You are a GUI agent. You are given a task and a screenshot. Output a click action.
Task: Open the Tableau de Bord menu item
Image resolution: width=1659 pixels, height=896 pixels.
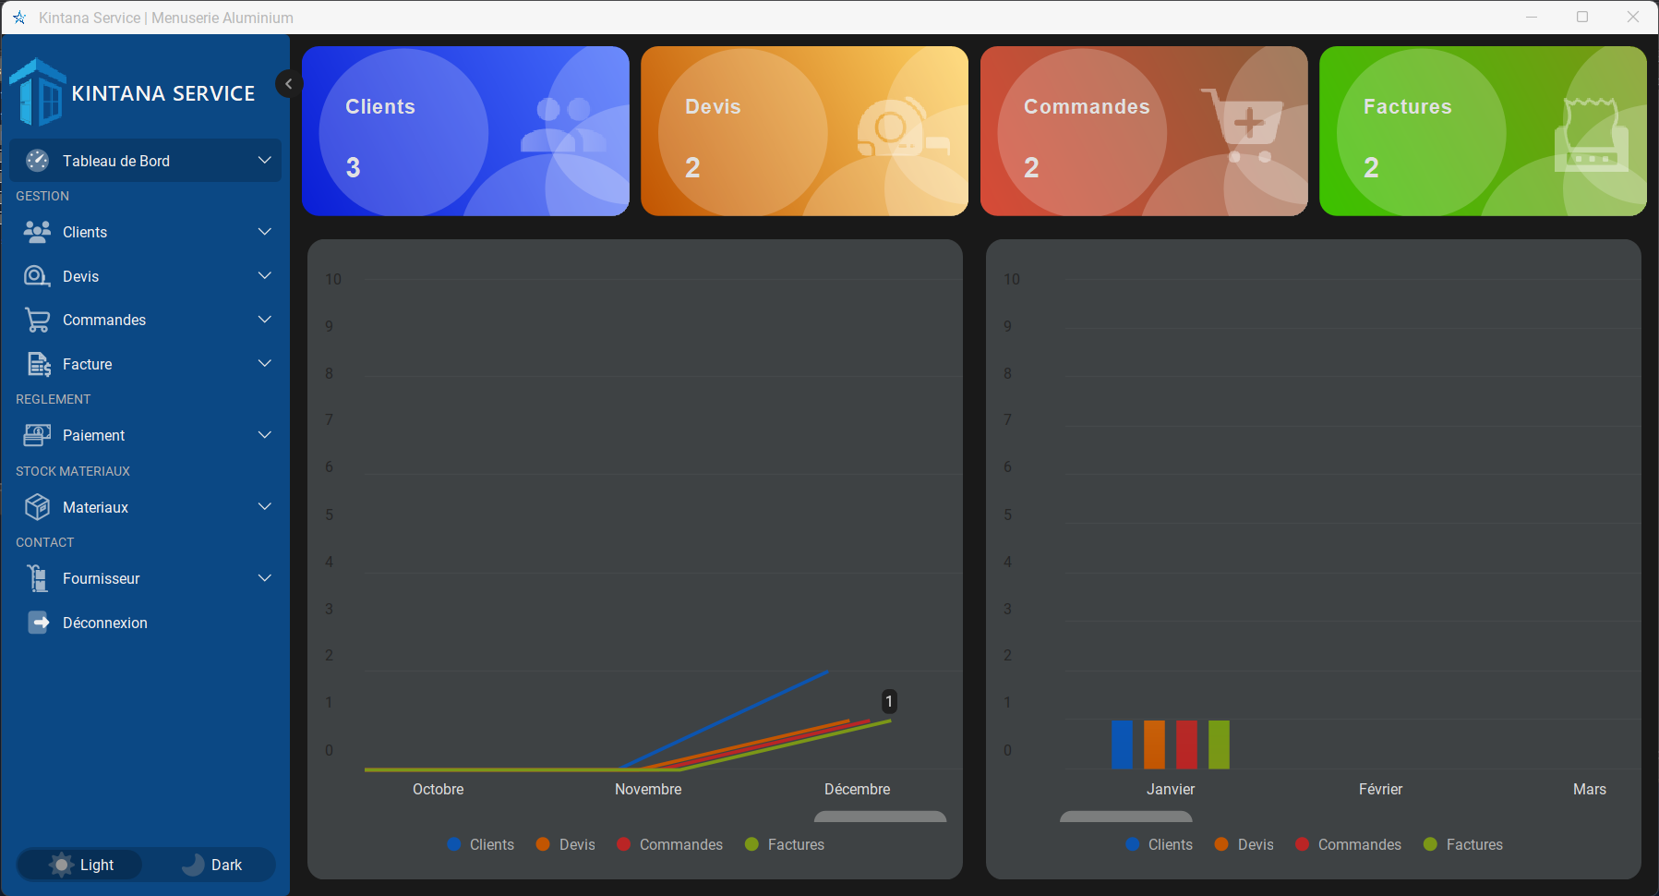(x=116, y=161)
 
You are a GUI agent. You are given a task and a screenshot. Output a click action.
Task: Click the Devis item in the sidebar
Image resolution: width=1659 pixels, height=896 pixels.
(x=80, y=276)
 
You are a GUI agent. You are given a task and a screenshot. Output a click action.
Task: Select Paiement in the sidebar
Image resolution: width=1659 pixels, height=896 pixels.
(x=93, y=435)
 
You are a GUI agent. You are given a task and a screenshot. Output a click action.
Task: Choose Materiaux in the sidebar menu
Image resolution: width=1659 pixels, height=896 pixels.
(x=95, y=507)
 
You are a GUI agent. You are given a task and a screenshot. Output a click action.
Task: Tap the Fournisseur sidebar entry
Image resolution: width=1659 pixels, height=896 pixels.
(x=101, y=578)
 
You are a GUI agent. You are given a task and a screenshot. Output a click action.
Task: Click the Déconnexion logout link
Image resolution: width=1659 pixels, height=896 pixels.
(x=104, y=623)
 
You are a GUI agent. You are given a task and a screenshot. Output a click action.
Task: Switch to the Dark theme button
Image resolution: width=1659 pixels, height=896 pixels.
(x=213, y=865)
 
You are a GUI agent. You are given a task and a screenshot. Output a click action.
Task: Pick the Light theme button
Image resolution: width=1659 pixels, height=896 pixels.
(x=82, y=865)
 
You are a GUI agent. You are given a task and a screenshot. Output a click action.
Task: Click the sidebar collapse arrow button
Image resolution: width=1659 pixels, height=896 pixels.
(x=288, y=84)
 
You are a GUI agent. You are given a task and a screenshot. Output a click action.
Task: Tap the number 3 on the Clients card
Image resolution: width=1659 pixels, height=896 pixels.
(x=353, y=167)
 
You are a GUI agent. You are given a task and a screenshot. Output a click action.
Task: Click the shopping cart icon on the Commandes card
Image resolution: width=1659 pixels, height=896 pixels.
(x=1245, y=125)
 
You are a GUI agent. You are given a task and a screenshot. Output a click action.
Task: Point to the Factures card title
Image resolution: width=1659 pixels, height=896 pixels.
(x=1407, y=107)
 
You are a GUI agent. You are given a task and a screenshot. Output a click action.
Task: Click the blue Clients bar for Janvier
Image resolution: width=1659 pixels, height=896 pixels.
(x=1122, y=745)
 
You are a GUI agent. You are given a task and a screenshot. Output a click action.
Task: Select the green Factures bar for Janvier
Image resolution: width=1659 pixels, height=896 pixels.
(x=1219, y=745)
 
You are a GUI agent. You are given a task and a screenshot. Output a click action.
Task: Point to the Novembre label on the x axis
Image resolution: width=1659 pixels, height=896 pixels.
(x=648, y=789)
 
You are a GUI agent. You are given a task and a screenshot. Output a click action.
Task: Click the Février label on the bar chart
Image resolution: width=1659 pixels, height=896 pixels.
(x=1380, y=789)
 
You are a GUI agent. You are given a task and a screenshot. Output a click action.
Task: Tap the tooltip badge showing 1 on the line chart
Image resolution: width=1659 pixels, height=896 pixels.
(x=889, y=702)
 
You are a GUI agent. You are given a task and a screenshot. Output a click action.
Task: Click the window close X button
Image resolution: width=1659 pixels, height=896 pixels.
(x=1632, y=17)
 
